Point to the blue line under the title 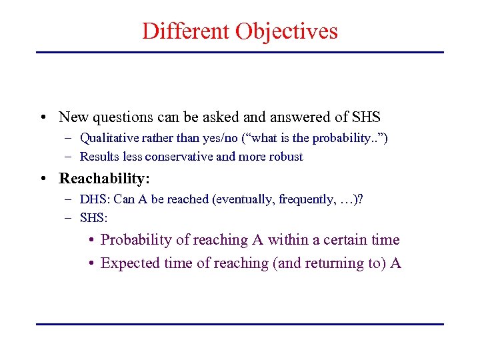[x=239, y=52]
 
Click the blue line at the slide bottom [x=239, y=324]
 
